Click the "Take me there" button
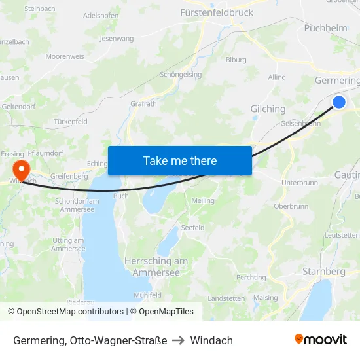pos(180,160)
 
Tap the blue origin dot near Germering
pos(339,102)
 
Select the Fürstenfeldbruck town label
pos(216,12)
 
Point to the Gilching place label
pos(268,109)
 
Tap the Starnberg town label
pos(323,271)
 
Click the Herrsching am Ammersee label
pos(156,266)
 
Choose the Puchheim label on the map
pos(325,28)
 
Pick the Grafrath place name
pos(143,103)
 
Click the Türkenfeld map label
pos(70,122)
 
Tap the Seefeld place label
pos(193,228)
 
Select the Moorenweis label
pos(65,56)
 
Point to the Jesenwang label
pos(116,39)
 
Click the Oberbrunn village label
pos(291,206)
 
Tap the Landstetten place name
pos(226,298)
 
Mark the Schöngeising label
pos(181,75)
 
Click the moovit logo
pos(320,340)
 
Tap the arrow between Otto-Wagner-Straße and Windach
pos(179,340)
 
